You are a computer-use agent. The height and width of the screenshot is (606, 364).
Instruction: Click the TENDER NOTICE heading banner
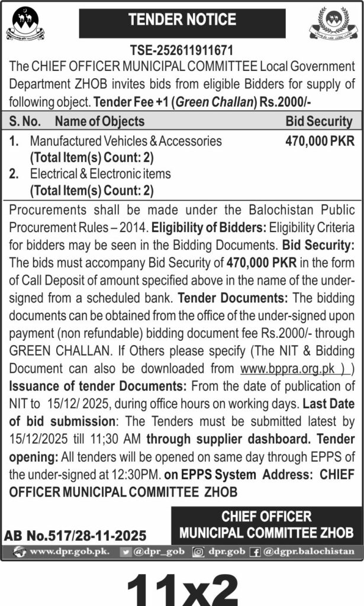coord(182,21)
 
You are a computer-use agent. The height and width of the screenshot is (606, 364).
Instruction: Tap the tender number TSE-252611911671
coord(182,51)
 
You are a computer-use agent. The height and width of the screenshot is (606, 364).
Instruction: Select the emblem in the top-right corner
coord(334,24)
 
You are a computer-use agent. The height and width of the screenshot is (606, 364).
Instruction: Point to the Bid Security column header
coord(318,122)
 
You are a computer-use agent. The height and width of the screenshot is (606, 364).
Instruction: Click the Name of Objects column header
coord(99,122)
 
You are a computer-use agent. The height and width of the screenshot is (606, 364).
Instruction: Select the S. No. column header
coord(25,122)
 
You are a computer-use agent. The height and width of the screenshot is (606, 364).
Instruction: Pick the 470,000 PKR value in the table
coord(320,141)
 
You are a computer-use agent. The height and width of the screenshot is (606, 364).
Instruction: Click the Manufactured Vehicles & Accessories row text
coord(126,141)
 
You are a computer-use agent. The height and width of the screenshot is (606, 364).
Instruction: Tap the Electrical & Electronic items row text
coord(100,174)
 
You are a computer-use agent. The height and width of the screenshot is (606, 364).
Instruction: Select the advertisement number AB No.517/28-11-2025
coord(75,536)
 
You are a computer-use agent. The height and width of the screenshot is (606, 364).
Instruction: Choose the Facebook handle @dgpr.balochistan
coord(309,552)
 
